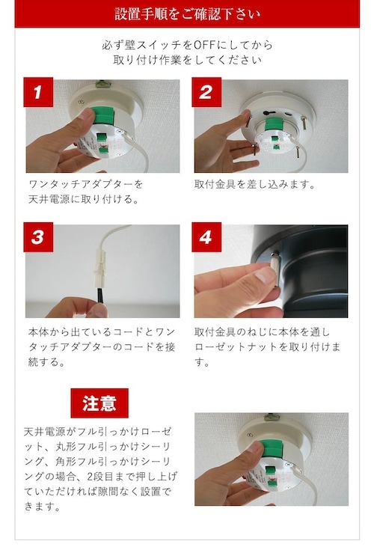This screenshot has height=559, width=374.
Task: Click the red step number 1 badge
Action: [38, 92]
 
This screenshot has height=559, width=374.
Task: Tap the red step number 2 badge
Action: [206, 92]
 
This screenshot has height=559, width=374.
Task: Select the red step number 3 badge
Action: [38, 237]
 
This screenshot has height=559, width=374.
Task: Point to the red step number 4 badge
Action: [206, 237]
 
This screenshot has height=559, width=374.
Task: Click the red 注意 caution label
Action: [99, 403]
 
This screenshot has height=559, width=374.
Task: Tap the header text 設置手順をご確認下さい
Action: [187, 14]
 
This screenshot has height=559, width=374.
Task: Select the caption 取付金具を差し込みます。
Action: [255, 184]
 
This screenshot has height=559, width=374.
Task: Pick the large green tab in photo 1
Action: [102, 117]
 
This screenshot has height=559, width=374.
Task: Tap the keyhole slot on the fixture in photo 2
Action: [268, 113]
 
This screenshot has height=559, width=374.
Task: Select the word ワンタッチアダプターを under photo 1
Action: [86, 184]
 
